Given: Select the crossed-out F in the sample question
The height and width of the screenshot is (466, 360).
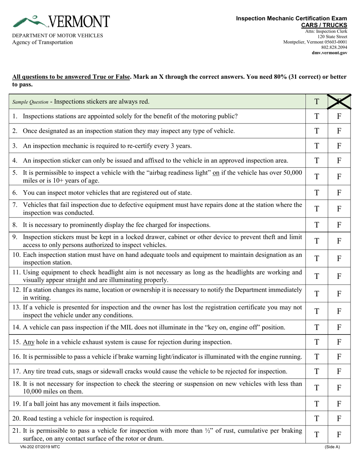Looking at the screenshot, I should point(339,102).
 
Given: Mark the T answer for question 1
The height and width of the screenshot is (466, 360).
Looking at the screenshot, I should point(317,116).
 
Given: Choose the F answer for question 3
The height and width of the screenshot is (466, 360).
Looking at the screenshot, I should point(339,146).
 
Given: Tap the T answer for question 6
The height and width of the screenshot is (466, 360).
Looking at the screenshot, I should point(317,193).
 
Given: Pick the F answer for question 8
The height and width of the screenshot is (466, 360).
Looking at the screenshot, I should point(339,225).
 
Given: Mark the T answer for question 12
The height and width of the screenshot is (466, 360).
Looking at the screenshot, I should point(317,293).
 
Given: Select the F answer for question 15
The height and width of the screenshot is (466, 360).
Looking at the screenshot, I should point(339,342).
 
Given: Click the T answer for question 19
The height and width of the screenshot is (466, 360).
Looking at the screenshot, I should point(317,404).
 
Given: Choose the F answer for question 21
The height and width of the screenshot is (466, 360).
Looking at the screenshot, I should point(339,435).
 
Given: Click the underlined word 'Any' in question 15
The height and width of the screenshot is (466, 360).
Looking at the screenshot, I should point(29,342).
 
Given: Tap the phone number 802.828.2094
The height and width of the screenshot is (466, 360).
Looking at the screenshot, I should point(334,47).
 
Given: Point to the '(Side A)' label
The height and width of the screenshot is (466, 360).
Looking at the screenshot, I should point(332,447).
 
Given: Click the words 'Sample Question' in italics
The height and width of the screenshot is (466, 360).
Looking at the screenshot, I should point(30,102).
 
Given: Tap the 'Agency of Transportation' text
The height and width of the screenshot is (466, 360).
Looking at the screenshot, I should point(42,42).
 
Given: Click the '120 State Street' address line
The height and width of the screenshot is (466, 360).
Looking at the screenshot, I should point(332,36).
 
